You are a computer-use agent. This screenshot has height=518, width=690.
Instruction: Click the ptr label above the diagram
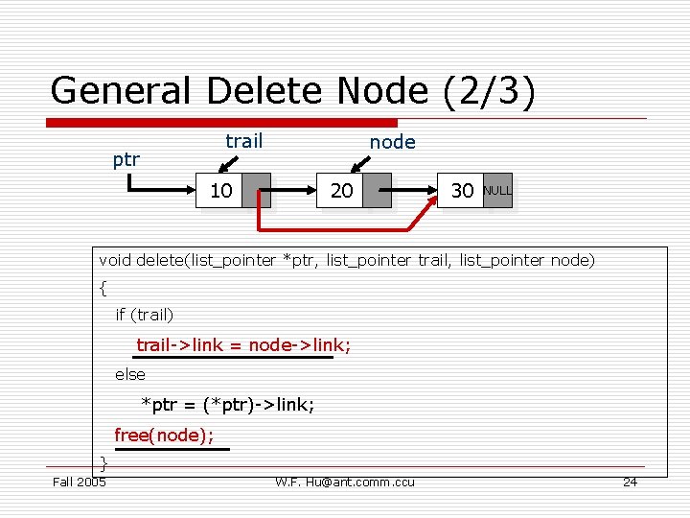[126, 159]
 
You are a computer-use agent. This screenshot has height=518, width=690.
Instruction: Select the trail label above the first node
[243, 141]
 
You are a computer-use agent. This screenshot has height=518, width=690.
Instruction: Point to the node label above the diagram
[393, 142]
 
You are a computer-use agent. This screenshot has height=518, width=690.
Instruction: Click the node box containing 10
[220, 191]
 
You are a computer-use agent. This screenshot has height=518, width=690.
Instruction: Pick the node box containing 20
[341, 191]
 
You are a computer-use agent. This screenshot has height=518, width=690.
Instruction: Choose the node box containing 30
[462, 191]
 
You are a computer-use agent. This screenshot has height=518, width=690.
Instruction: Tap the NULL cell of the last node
[497, 191]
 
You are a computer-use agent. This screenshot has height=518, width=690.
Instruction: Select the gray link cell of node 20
[378, 191]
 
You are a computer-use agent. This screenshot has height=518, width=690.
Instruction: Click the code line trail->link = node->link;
[243, 344]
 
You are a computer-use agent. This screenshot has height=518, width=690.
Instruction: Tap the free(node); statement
[164, 435]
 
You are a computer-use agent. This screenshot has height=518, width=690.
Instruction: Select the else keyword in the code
[130, 374]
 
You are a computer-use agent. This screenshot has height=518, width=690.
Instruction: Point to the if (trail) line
[145, 314]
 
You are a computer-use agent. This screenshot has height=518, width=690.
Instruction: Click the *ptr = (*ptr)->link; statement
[228, 404]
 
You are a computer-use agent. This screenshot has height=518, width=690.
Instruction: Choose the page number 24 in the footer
[630, 482]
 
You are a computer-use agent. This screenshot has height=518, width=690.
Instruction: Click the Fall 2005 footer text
[79, 482]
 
